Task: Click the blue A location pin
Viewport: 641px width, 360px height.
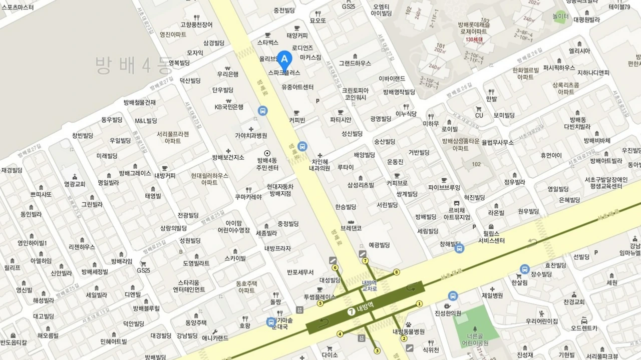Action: coord(284,61)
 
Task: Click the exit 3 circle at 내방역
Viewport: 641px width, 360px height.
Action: coord(377,350)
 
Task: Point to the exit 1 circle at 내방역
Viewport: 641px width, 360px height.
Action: coord(420,303)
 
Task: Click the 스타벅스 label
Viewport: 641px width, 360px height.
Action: coord(267,43)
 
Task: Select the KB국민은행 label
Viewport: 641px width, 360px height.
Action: coord(228,107)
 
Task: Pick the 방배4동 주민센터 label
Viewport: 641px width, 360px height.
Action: coord(267,164)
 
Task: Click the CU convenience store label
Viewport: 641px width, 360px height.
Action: coord(479,115)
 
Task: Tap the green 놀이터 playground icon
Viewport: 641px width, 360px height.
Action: coord(560,16)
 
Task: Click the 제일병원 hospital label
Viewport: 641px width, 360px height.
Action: coord(492,295)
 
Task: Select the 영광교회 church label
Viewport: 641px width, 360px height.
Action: coord(75,184)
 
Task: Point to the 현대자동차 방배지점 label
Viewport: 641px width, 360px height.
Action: coord(281,189)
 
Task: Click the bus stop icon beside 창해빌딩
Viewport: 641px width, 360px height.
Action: coord(459,248)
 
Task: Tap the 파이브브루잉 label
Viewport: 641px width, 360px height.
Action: coord(444,187)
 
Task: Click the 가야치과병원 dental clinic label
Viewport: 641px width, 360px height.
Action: coord(251,135)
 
